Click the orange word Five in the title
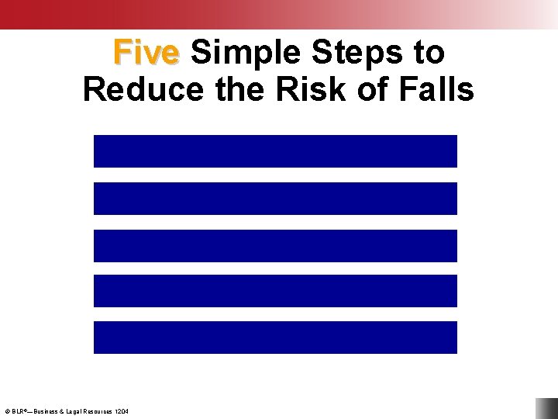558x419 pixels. (x=146, y=53)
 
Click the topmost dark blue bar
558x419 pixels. (x=275, y=151)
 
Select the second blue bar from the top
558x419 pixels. (x=275, y=198)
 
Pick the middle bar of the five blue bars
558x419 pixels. (x=275, y=245)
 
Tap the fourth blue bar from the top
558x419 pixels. (x=275, y=291)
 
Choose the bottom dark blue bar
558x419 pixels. (x=275, y=338)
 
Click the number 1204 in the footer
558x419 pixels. (x=122, y=410)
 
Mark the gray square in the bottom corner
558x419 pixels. (x=546, y=408)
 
